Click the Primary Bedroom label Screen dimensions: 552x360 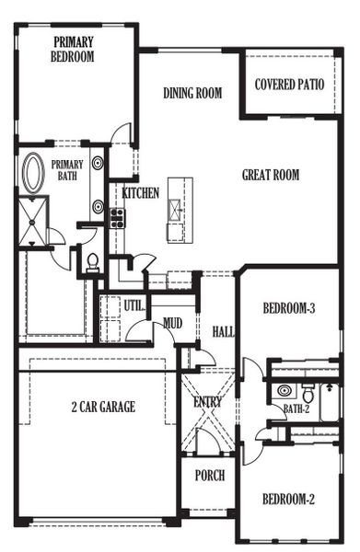[x=74, y=48]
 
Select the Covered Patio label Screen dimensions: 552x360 [x=289, y=84]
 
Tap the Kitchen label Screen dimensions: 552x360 [x=141, y=193]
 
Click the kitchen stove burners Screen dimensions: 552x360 [x=117, y=217]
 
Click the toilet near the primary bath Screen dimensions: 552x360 [x=91, y=263]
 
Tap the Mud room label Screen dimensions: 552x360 [x=172, y=322]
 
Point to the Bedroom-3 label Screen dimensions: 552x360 [x=289, y=309]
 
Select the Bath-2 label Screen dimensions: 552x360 [x=296, y=408]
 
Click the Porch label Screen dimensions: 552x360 [x=209, y=476]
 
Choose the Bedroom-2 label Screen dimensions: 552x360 [x=288, y=500]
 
